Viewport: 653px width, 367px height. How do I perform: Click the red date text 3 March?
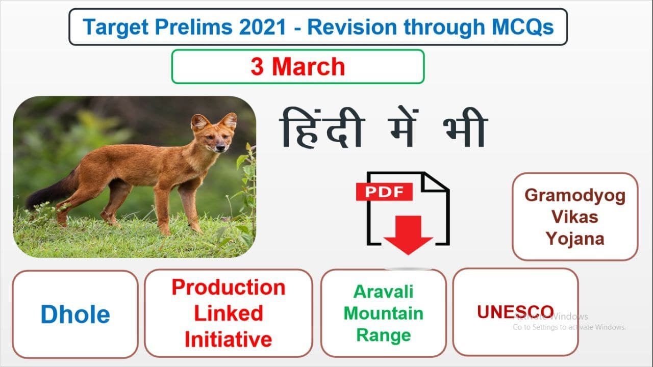click(297, 66)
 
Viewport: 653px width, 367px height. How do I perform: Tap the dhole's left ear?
click(199, 122)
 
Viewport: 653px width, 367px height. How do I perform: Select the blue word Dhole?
click(75, 314)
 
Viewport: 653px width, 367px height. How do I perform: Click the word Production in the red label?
click(229, 287)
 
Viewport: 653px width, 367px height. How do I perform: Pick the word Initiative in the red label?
click(229, 339)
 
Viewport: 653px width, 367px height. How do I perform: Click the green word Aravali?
click(383, 291)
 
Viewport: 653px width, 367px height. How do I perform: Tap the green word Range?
click(384, 335)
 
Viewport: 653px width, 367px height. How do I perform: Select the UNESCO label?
click(515, 311)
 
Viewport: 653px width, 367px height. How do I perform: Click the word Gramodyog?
click(575, 196)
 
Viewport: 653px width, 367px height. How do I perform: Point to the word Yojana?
click(575, 239)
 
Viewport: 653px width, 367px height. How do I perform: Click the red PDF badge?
click(384, 192)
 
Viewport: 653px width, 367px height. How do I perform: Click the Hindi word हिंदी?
click(322, 128)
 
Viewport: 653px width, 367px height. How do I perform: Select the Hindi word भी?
click(465, 128)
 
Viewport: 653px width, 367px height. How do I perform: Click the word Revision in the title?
click(352, 27)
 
